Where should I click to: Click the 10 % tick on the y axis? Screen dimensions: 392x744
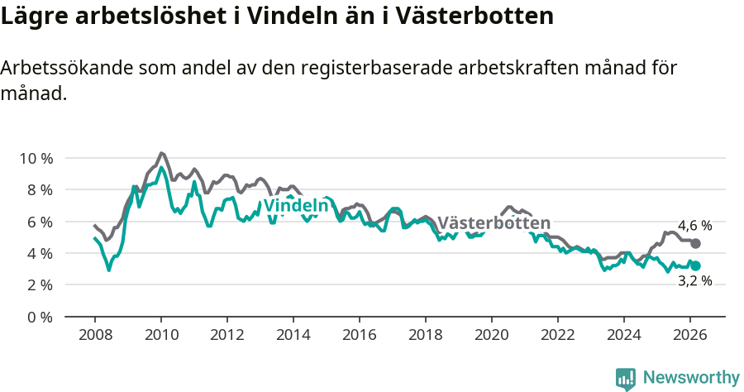(36, 158)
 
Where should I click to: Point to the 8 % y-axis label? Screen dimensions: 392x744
(39, 189)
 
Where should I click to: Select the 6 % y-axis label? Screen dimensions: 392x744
(39, 222)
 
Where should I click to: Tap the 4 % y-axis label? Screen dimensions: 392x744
(39, 253)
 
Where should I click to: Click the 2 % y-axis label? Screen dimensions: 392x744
(39, 284)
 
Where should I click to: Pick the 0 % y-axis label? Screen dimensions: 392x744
(39, 317)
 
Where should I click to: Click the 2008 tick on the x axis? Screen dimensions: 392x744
(95, 335)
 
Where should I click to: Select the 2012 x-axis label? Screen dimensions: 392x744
(227, 335)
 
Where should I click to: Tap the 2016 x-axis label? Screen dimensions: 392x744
(360, 335)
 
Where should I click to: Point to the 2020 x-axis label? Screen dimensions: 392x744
(492, 335)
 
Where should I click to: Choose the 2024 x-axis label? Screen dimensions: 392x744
(624, 335)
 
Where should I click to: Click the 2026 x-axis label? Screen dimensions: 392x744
(690, 335)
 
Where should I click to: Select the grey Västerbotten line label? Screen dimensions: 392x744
(494, 223)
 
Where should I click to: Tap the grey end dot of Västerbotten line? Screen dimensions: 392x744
(696, 244)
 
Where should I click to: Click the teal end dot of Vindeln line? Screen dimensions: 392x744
(696, 265)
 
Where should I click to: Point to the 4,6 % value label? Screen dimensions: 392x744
(694, 226)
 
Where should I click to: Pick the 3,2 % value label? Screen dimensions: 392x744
(694, 281)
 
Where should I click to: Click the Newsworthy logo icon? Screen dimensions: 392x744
(626, 378)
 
